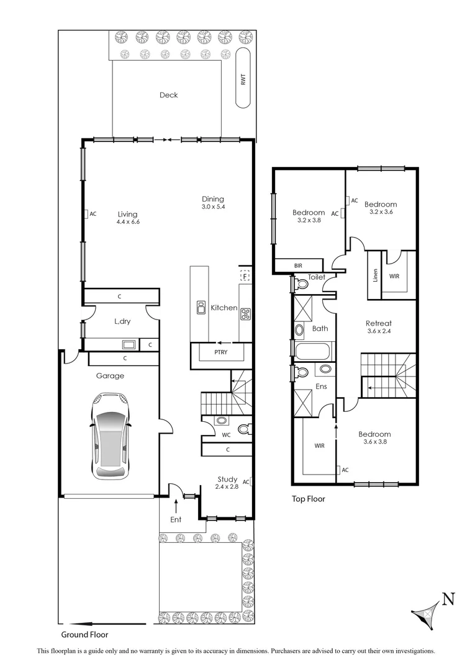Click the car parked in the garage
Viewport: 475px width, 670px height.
click(x=111, y=435)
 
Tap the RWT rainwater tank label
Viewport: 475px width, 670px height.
click(x=243, y=79)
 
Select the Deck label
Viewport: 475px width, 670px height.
click(x=168, y=95)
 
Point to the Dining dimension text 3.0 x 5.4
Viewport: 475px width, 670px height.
click(x=212, y=207)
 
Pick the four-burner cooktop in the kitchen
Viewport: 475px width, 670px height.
click(x=245, y=314)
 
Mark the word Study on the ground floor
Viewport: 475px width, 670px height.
click(x=227, y=478)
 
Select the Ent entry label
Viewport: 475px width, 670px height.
click(x=176, y=519)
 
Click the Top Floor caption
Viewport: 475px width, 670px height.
click(x=309, y=498)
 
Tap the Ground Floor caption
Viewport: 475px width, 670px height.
click(x=84, y=635)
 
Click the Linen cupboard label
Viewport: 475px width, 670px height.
click(x=375, y=275)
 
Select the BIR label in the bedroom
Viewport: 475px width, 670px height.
click(x=298, y=266)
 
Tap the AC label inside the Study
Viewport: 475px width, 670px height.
click(x=247, y=482)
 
